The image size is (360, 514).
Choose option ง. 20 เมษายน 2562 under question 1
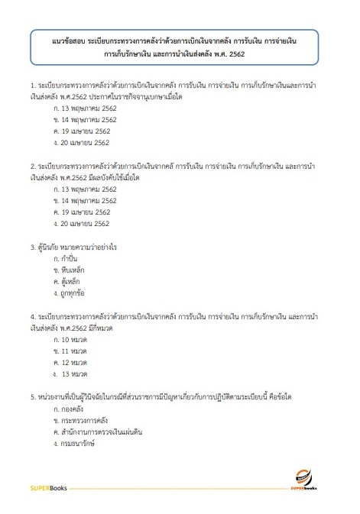pos(81,142)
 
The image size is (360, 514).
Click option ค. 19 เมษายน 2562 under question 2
pos(81,212)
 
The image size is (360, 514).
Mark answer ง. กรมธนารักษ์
pos(73,443)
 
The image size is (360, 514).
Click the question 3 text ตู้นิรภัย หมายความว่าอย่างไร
pos(77,247)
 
